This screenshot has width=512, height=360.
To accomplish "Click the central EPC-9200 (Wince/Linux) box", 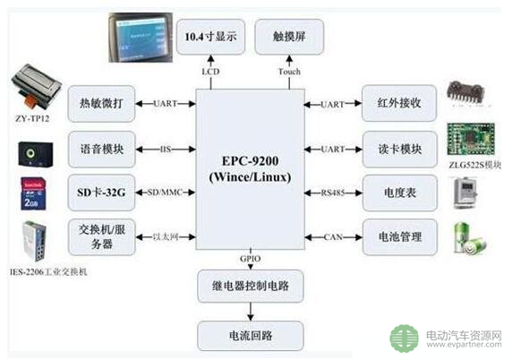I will [246, 166].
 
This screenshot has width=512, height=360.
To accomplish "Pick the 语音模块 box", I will [101, 147].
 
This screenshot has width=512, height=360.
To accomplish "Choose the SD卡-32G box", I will [101, 191].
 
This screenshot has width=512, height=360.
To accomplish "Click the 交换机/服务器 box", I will [101, 236].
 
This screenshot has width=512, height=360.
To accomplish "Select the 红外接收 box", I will [399, 104].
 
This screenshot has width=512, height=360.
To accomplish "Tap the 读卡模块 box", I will [399, 147].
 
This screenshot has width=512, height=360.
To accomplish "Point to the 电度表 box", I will [399, 191].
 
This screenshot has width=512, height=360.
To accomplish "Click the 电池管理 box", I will [399, 236].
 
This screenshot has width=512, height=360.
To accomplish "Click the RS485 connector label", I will [332, 192].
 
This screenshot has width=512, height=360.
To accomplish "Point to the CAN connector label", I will [332, 236].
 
